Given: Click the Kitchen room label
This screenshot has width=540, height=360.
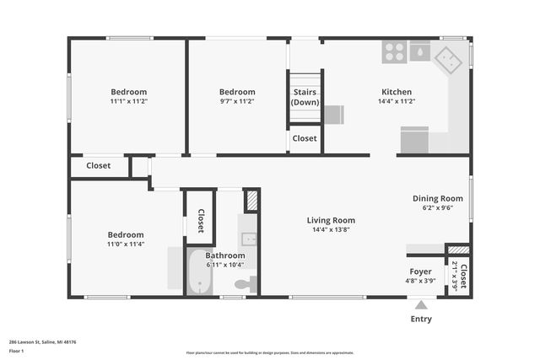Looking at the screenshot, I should click(x=397, y=92).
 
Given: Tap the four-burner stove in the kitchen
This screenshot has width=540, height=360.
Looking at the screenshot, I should click(x=394, y=51).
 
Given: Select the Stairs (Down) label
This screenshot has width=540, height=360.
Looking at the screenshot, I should click(x=305, y=96).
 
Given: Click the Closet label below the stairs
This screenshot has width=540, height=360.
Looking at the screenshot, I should click(x=305, y=138).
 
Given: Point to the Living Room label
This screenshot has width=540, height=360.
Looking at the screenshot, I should click(x=331, y=220).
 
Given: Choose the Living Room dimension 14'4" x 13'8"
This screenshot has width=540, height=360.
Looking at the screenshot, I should click(x=331, y=229).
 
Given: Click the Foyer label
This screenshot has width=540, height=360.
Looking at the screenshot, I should click(x=420, y=271).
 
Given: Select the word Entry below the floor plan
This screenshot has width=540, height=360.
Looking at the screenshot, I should click(x=421, y=319).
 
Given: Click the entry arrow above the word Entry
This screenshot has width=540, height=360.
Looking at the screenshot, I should click(x=421, y=304).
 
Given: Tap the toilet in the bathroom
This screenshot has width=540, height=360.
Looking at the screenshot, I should click(x=245, y=285).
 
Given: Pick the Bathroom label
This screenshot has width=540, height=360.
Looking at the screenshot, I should click(x=225, y=255).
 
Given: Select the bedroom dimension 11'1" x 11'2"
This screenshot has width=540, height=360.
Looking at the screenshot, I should click(x=128, y=101).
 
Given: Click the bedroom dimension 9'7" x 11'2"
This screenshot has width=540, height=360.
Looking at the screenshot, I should click(x=237, y=101).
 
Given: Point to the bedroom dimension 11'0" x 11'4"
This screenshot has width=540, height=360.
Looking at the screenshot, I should click(x=125, y=244).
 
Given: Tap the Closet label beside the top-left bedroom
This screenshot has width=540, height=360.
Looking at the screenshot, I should click(x=99, y=166).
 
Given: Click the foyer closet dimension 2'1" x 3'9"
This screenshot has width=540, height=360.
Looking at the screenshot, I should click(x=454, y=277).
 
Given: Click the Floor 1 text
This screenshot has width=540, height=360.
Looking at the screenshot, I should click(x=16, y=350).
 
